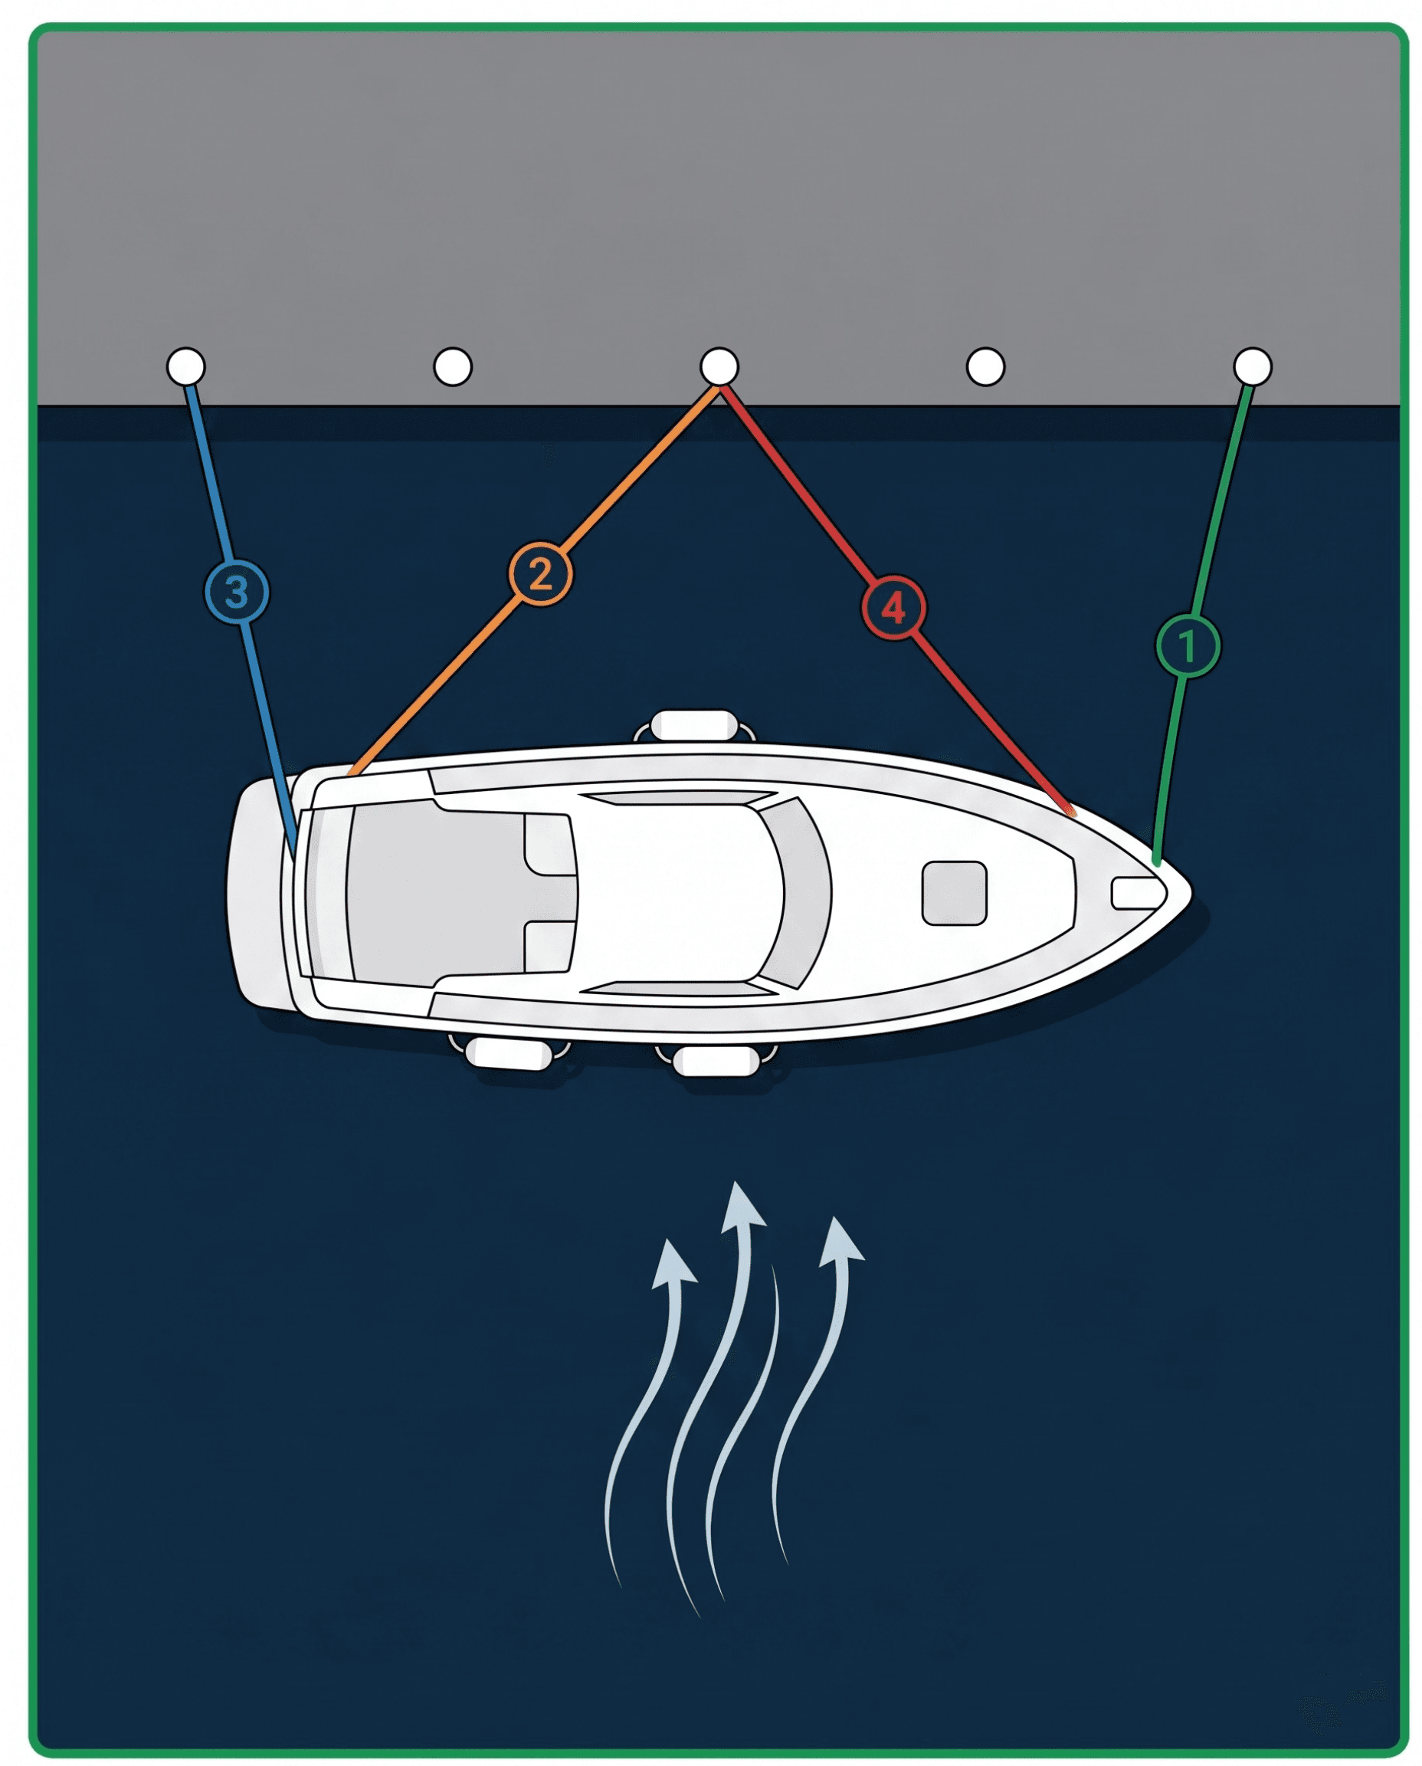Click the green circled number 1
[1187, 645]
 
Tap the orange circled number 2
[540, 573]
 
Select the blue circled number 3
[236, 592]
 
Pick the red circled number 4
[893, 608]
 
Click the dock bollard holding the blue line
[186, 366]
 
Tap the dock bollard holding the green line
[1252, 366]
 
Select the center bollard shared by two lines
[719, 366]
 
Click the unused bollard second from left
[452, 366]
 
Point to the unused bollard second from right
[985, 366]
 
